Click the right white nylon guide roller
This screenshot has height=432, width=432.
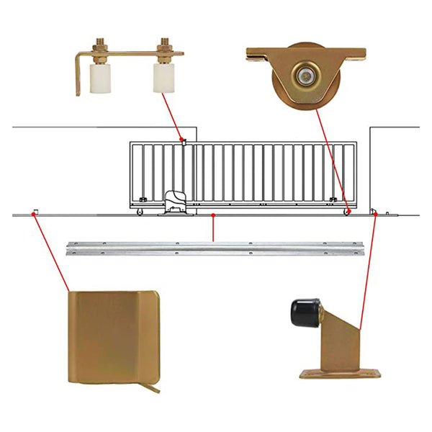pyautogui.click(x=163, y=78)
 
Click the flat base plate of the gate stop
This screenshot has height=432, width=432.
pyautogui.click(x=340, y=373)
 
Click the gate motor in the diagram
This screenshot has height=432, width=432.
pyautogui.click(x=175, y=202)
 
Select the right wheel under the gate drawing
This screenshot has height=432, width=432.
pyautogui.click(x=346, y=212)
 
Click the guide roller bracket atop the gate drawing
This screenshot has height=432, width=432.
pyautogui.click(x=184, y=142)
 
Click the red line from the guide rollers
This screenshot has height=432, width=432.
pyautogui.click(x=173, y=115)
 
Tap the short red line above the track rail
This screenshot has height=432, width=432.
pyautogui.click(x=213, y=228)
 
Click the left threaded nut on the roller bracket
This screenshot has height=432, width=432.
pyautogui.click(x=99, y=49)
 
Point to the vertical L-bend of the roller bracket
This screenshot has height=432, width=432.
pyautogui.click(x=78, y=76)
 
